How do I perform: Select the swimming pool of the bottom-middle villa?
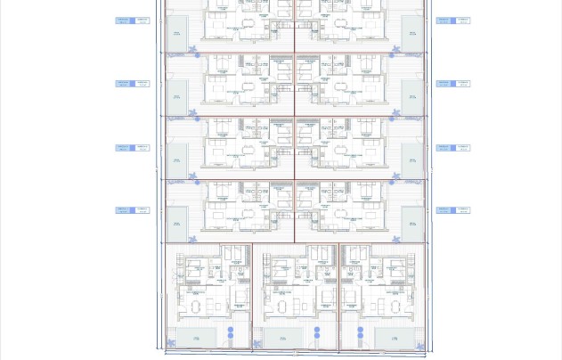click(283, 338)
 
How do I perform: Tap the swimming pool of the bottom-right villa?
click(392, 338)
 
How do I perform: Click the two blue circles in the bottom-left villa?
click(231, 335)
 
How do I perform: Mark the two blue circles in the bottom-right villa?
click(361, 335)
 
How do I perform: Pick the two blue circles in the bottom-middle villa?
click(317, 335)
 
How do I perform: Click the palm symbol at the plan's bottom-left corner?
click(171, 344)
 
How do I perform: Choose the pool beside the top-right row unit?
click(411, 31)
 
